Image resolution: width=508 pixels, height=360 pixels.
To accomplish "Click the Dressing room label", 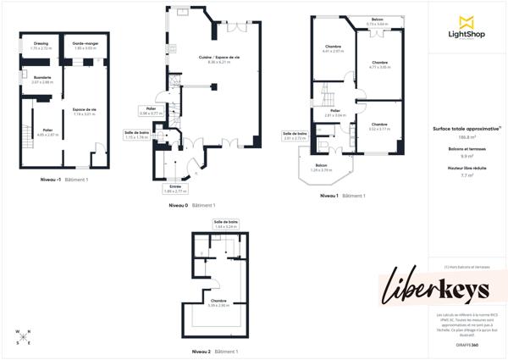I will pos(41,46).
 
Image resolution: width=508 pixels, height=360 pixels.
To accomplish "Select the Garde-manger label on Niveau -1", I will pos(85,46).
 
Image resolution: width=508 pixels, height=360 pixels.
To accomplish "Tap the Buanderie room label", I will pos(42,80).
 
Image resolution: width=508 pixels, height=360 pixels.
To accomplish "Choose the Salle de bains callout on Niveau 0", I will pos(136,134).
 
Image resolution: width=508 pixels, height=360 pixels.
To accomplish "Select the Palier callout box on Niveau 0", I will pos(150,110).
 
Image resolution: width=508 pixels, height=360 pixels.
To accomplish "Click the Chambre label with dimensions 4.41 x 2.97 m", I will pos(333,48).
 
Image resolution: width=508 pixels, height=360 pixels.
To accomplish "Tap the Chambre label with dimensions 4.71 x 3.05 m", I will pos(379,64).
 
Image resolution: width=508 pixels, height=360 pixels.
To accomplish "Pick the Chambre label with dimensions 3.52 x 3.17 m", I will pos(379,126).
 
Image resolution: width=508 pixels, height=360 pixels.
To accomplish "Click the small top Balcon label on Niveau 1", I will pos(377,22).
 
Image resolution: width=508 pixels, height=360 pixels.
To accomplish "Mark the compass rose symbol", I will pos(23,336).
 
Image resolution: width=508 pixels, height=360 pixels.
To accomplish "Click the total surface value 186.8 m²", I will pos(467,136).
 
